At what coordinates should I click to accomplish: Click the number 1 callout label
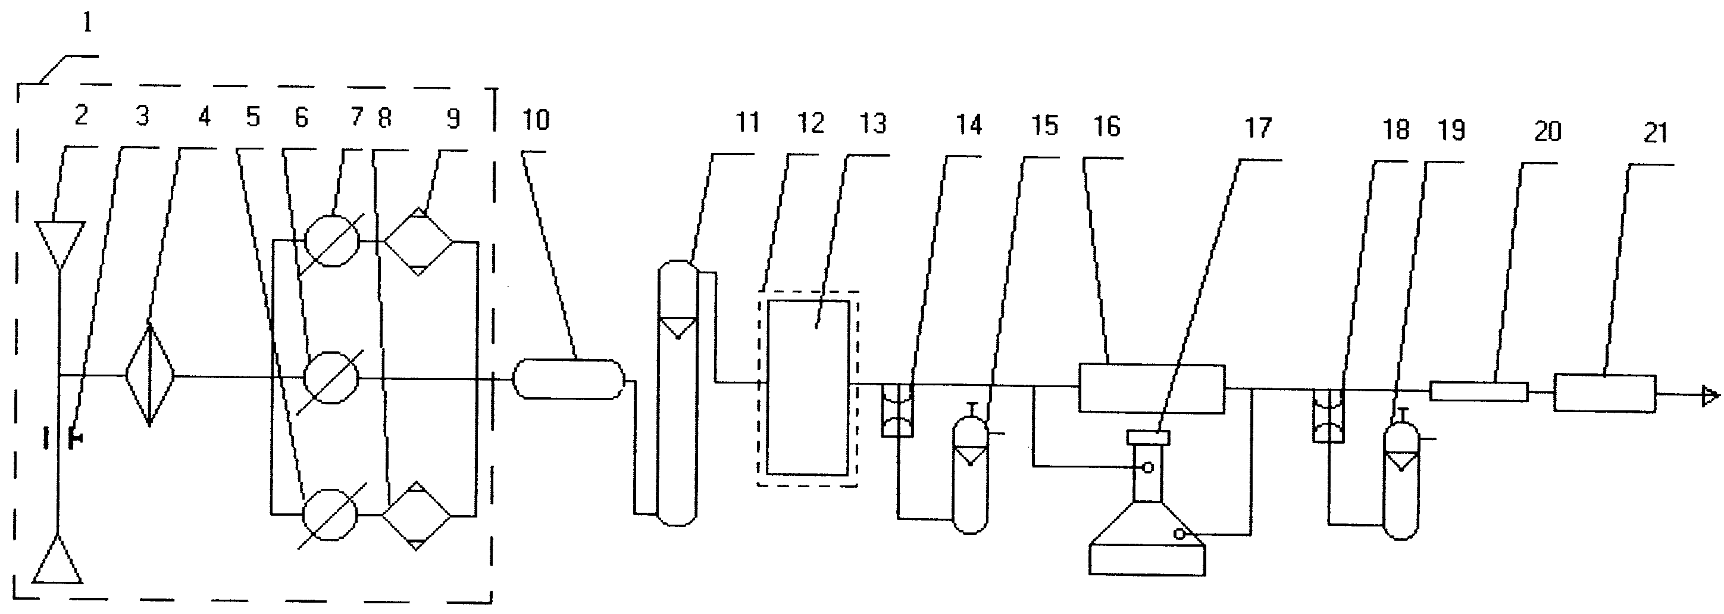(87, 23)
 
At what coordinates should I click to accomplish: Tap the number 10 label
(536, 120)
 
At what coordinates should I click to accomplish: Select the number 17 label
(1257, 128)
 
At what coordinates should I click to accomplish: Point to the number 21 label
(1655, 133)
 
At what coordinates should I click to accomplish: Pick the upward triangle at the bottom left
(58, 559)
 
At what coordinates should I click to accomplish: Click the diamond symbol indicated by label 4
(150, 375)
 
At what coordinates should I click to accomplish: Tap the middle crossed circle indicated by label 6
(331, 377)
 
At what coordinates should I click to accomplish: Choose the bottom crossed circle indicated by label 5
(331, 514)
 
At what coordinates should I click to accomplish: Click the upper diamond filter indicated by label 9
(418, 241)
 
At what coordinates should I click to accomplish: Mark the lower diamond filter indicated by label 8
(417, 516)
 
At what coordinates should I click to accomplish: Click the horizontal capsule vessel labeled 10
(568, 379)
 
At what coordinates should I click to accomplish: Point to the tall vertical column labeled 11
(678, 393)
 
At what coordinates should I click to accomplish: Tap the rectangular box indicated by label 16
(1151, 388)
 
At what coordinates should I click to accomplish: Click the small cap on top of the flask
(1149, 438)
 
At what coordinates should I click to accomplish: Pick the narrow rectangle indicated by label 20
(1479, 391)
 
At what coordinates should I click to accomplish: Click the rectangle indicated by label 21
(1605, 392)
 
